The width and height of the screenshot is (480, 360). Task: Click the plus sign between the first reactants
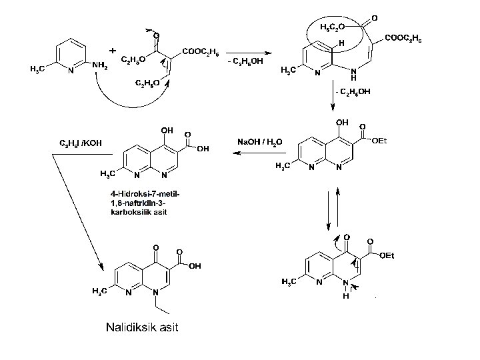click(112, 51)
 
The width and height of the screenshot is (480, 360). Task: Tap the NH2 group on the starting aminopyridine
click(101, 65)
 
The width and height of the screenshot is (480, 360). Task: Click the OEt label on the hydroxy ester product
click(379, 140)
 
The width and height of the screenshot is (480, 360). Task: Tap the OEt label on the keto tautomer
click(387, 255)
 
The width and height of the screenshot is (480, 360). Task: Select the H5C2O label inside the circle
click(331, 27)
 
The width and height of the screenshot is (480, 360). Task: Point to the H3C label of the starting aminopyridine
click(37, 69)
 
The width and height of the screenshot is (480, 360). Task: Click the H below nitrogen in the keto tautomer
click(347, 296)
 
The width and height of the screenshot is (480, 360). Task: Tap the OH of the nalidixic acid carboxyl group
click(195, 265)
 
